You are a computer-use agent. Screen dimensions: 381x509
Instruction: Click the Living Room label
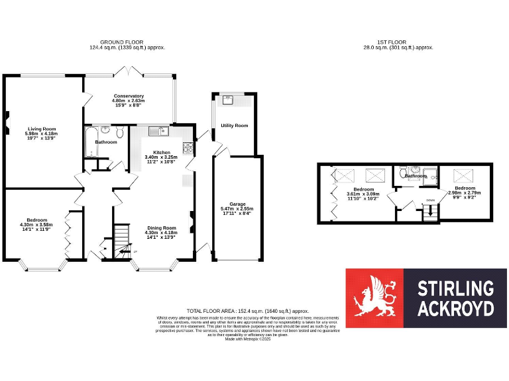[x=41, y=129]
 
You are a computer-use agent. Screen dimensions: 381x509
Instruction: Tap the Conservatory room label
[x=128, y=97]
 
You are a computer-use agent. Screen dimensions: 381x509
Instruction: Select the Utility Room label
[x=234, y=125]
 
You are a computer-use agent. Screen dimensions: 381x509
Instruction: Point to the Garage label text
[x=237, y=204]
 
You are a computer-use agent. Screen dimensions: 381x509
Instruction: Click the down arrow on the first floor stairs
[x=430, y=200]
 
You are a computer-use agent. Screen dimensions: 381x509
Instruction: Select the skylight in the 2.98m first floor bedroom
[x=461, y=175]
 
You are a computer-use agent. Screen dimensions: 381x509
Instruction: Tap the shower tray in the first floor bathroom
[x=431, y=176]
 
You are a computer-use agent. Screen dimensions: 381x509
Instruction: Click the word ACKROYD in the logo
[x=455, y=309]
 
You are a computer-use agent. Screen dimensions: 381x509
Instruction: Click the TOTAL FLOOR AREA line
[x=248, y=311]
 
